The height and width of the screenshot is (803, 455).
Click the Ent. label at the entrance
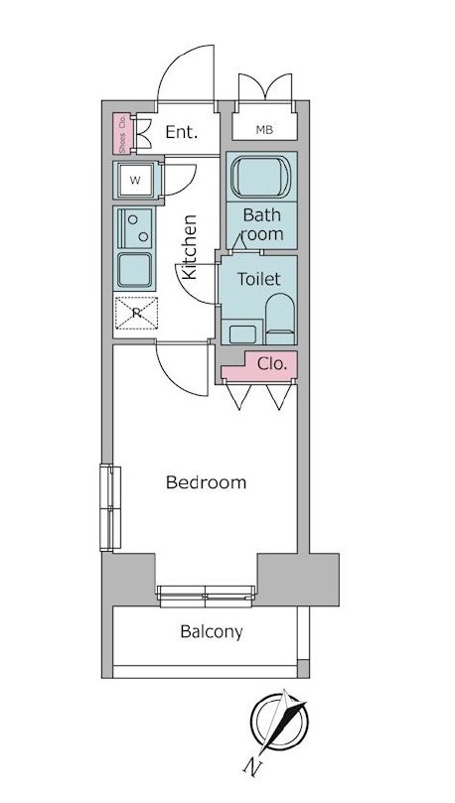pos(182,132)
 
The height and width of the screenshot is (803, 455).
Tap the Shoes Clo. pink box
pos(122,133)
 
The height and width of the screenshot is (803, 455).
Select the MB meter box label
pos(264,131)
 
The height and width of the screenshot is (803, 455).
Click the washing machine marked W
pos(135,180)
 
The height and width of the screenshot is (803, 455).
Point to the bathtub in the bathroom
pos(261,177)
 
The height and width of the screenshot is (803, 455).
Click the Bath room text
pos(262,224)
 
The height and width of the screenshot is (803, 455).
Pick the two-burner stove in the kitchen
pos(135,228)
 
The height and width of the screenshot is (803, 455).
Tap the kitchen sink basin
pos(134,270)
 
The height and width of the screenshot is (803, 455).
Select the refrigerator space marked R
pos(136,313)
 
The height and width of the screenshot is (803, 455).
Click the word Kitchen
pos(190,247)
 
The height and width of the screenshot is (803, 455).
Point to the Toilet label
pos(258,279)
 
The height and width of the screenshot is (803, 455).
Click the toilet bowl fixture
pos(280,319)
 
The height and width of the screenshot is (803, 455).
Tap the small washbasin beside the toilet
pos(242,335)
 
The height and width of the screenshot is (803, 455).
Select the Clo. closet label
pos(271,364)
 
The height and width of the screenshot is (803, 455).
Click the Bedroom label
pos(206,482)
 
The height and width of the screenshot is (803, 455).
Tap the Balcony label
pos(211,632)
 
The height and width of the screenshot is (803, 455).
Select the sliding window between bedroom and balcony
pos(206,597)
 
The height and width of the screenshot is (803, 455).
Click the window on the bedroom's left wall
pos(110,507)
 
